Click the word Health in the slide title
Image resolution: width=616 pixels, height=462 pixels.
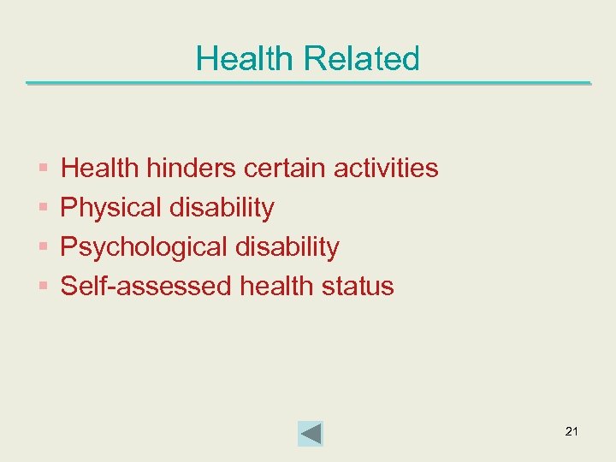(x=244, y=59)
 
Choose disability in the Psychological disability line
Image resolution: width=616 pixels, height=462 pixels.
(x=286, y=247)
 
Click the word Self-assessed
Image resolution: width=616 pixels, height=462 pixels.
(x=146, y=286)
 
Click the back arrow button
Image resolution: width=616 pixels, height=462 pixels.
(x=311, y=434)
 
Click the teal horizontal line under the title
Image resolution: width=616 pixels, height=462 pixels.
(x=308, y=84)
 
